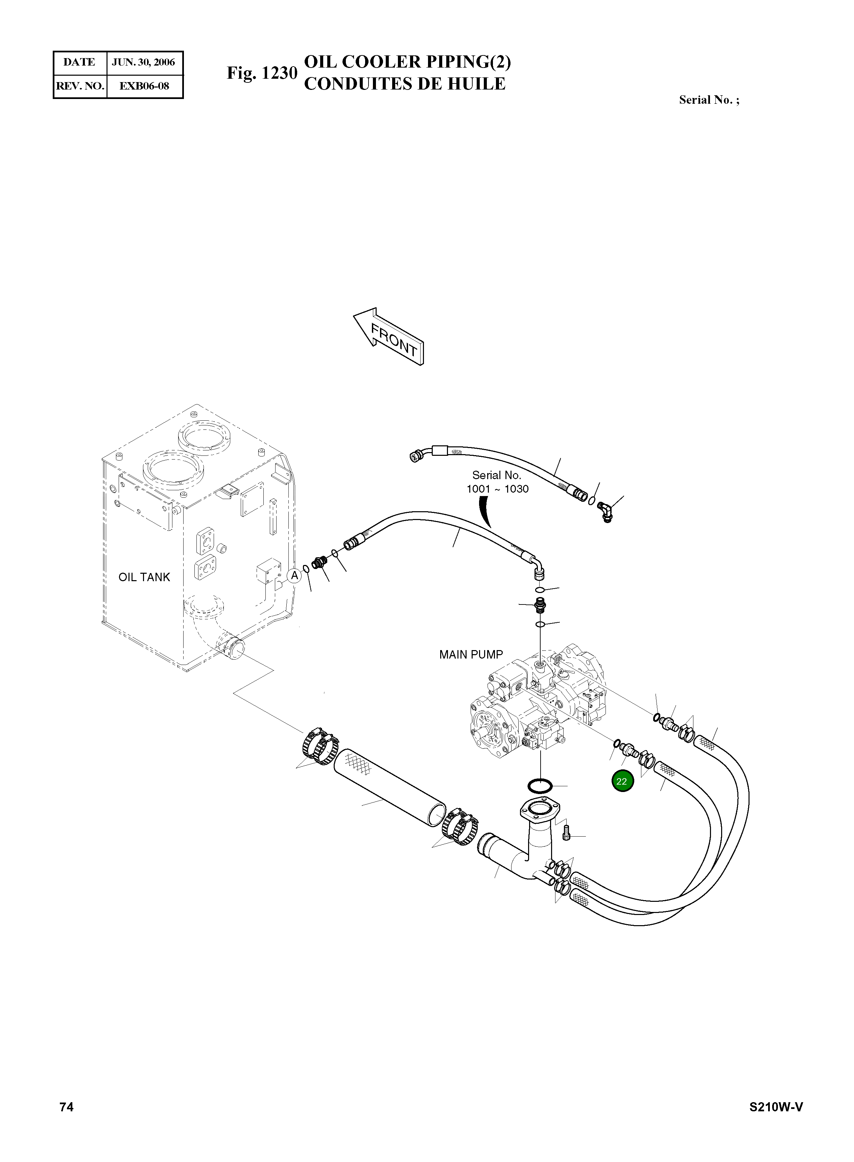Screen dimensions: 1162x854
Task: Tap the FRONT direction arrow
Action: (389, 337)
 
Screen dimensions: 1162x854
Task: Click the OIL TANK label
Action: (144, 577)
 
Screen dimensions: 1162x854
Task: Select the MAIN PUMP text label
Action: (470, 654)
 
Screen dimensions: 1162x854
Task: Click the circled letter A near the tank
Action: (294, 576)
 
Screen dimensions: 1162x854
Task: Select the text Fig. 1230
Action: (262, 73)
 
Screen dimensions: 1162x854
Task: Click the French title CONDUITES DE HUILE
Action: (404, 84)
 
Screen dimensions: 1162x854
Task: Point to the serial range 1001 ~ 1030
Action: (497, 489)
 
